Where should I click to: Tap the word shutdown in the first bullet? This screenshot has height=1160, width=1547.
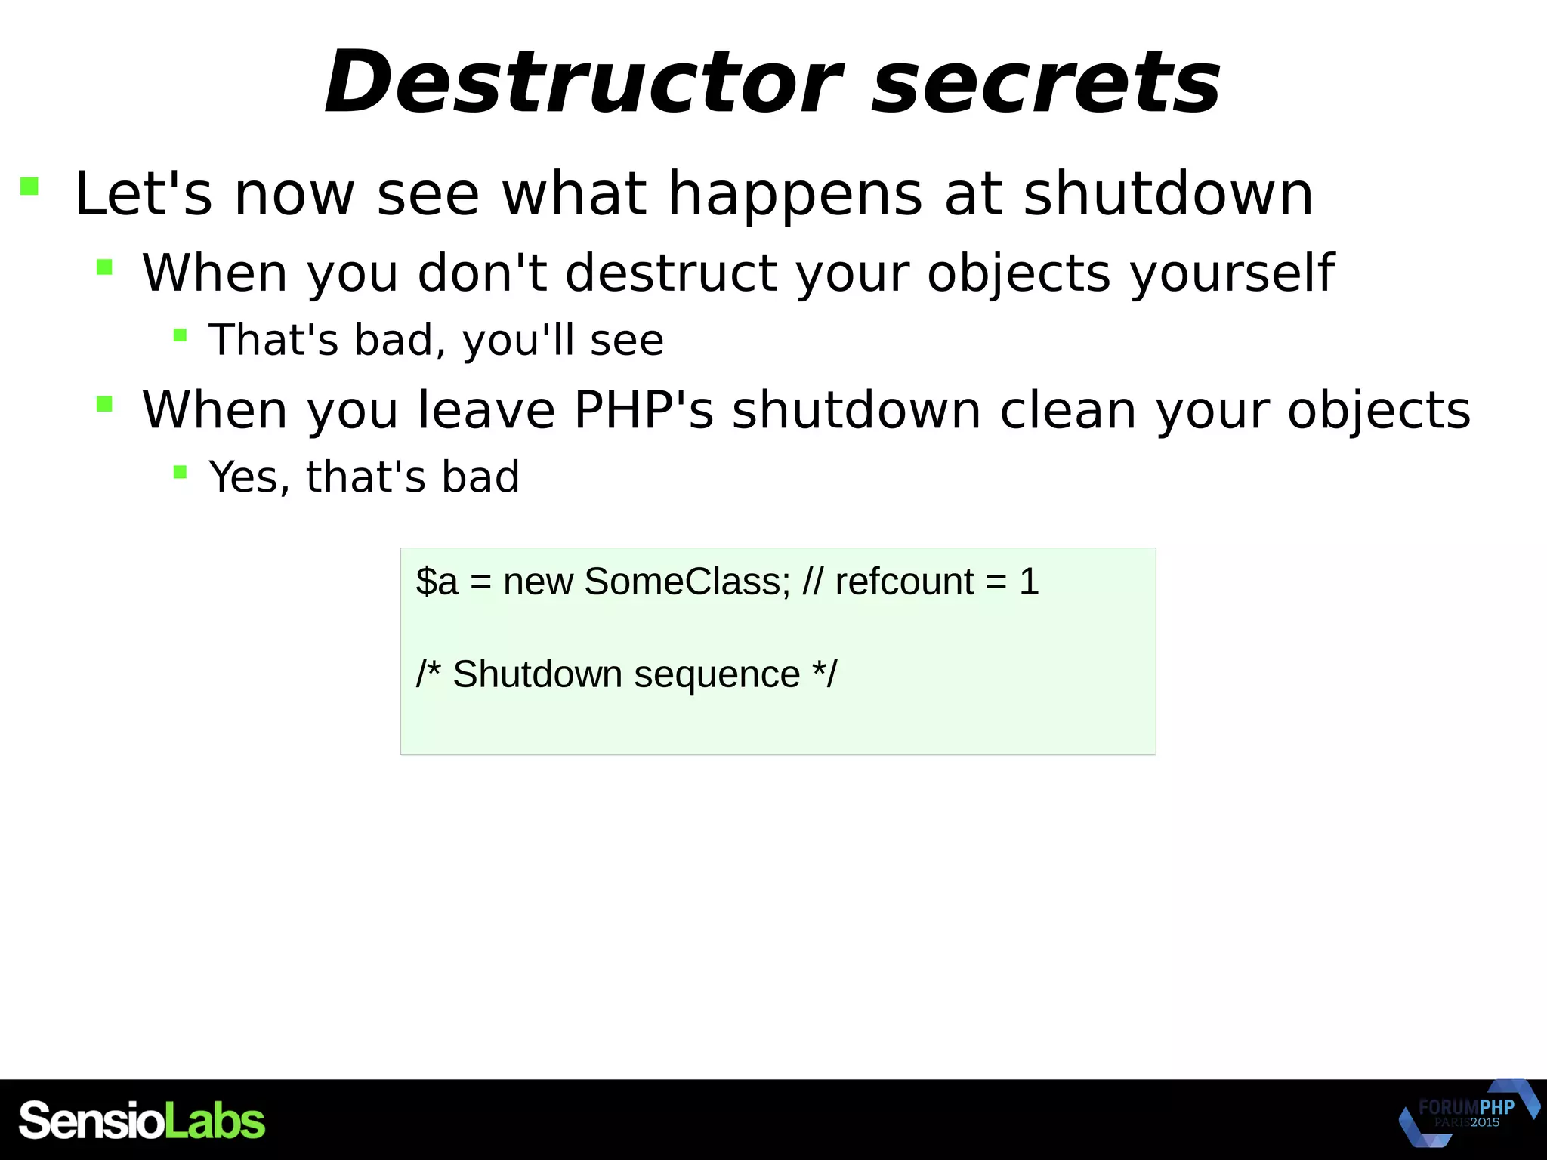1168,194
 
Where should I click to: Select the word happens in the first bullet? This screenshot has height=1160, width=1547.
795,194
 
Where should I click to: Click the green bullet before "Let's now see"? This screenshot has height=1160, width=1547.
29,186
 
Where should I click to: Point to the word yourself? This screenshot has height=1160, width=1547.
1232,273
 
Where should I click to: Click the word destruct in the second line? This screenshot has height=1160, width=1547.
671,273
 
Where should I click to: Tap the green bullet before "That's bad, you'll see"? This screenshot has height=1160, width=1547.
180,335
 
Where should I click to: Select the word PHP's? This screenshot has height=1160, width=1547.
644,410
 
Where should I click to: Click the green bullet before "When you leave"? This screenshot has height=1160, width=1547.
104,404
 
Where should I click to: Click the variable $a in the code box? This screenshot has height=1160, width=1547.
437,582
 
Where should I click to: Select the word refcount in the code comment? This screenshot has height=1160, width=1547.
904,582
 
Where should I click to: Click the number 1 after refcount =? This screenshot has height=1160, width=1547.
1029,582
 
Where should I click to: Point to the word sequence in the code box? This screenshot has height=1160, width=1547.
716,674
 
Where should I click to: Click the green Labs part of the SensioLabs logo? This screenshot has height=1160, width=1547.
215,1121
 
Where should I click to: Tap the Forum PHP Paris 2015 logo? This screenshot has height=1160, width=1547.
1468,1113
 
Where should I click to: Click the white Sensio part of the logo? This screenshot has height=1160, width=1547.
91,1121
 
